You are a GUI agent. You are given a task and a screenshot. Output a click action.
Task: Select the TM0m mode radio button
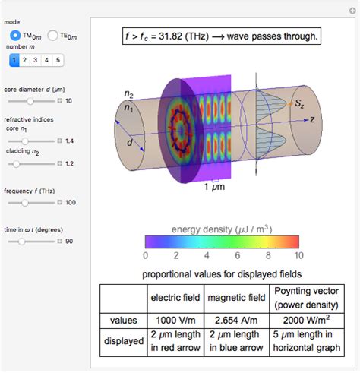point(15,35)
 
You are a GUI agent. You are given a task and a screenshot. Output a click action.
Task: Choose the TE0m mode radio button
point(52,35)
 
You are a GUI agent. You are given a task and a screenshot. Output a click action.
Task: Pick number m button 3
point(36,58)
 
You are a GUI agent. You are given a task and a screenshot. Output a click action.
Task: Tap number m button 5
point(58,58)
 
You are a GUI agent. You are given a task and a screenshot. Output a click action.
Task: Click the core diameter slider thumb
point(30,100)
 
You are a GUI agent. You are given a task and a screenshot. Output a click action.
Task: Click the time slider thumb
point(21,241)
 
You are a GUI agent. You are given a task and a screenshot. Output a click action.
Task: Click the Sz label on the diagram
point(302,102)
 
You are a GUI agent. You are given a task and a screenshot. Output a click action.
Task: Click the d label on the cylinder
point(130,144)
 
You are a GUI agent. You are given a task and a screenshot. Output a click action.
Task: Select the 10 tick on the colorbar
point(298,255)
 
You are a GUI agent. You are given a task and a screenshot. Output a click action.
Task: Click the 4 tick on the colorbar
point(207,255)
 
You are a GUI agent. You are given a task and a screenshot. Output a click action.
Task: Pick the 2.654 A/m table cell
point(236,321)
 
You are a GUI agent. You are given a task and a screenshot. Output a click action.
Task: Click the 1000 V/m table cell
point(176,321)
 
